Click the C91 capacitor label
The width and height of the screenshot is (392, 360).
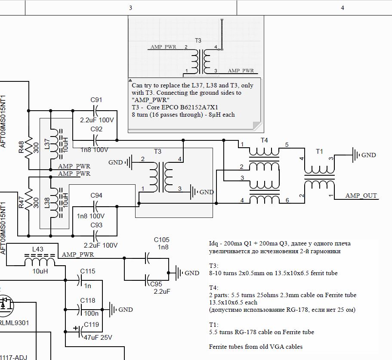click(96, 100)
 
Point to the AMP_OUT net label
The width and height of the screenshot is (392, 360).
click(361, 196)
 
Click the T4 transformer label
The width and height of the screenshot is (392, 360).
click(264, 140)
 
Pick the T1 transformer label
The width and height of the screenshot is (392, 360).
click(319, 151)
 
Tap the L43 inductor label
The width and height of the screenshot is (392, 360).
click(38, 249)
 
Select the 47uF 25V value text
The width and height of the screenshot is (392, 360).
click(98, 338)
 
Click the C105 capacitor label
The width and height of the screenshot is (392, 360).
click(161, 240)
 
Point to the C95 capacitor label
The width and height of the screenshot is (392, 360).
click(156, 284)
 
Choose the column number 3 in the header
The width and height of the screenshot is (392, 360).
click(130, 8)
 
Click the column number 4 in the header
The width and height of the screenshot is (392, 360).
click(343, 8)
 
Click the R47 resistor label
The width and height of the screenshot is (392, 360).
click(21, 202)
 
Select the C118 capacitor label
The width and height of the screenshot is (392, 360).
click(88, 300)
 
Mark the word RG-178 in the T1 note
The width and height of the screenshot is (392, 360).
click(246, 332)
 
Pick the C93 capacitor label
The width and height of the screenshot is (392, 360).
click(96, 225)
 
